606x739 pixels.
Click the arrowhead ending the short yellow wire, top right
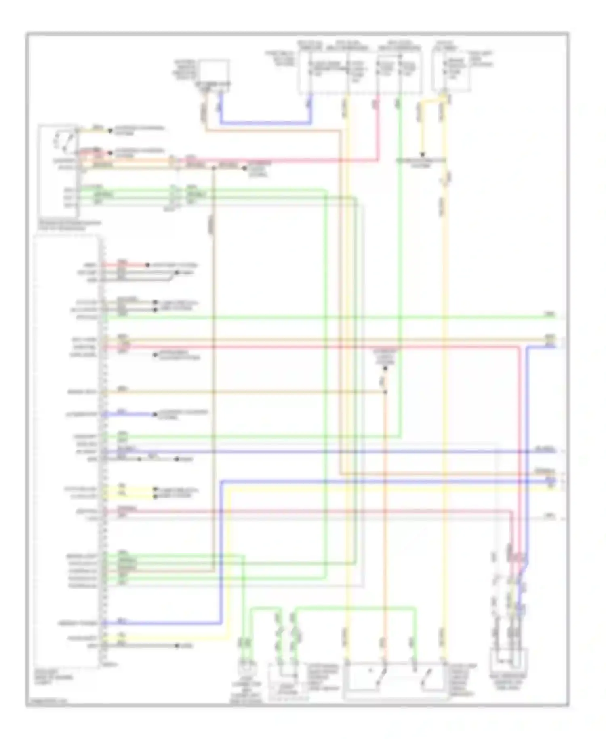(x=422, y=154)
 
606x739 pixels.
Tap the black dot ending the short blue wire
(x=155, y=414)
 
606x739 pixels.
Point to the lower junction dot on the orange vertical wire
(x=385, y=392)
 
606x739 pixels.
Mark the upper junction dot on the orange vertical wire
(x=385, y=369)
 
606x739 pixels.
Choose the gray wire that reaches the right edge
(x=323, y=518)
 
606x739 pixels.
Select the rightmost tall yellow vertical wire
(x=444, y=364)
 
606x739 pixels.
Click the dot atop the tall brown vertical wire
(x=213, y=168)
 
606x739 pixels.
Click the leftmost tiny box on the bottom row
(x=246, y=665)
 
